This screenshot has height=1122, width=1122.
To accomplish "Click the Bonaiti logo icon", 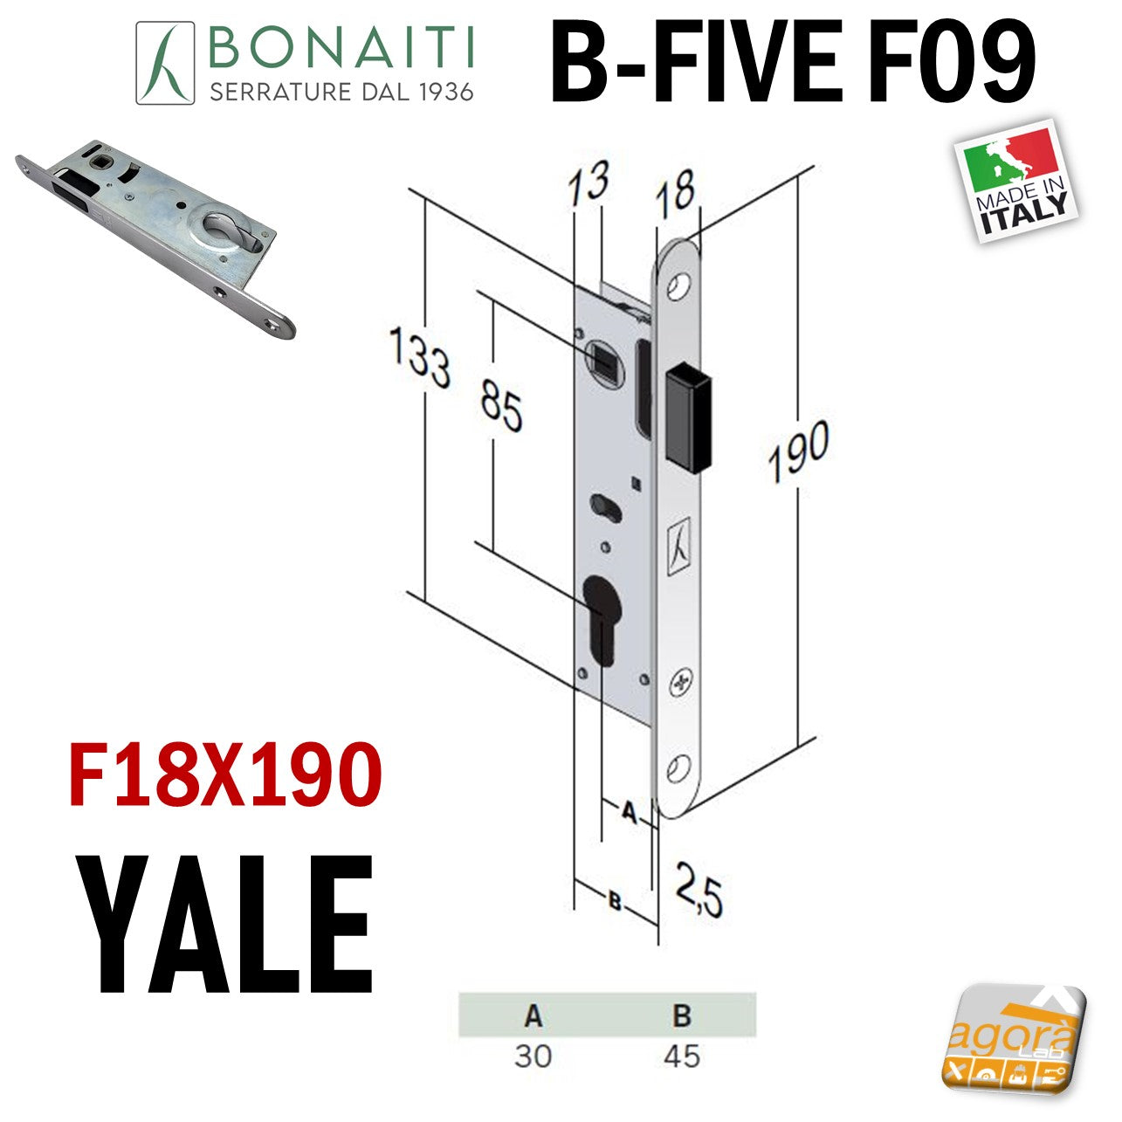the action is pyautogui.click(x=165, y=63).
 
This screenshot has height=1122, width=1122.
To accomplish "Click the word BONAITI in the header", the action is pyautogui.click(x=341, y=47).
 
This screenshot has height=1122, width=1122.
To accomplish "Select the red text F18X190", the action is pyautogui.click(x=225, y=775).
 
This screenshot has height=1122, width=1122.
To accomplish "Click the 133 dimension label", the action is pyautogui.click(x=420, y=356).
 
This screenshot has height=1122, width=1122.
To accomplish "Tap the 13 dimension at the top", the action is pyautogui.click(x=589, y=182).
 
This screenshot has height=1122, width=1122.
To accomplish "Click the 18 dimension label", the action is pyautogui.click(x=675, y=190).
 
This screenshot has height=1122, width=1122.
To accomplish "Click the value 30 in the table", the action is pyautogui.click(x=533, y=1056).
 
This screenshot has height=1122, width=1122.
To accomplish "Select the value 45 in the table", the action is pyautogui.click(x=682, y=1056).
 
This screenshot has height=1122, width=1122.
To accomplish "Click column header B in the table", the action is pyautogui.click(x=682, y=1015).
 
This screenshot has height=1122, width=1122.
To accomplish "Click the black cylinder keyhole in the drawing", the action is pyautogui.click(x=602, y=620).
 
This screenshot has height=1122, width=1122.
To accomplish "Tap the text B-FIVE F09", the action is pyautogui.click(x=793, y=61).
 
